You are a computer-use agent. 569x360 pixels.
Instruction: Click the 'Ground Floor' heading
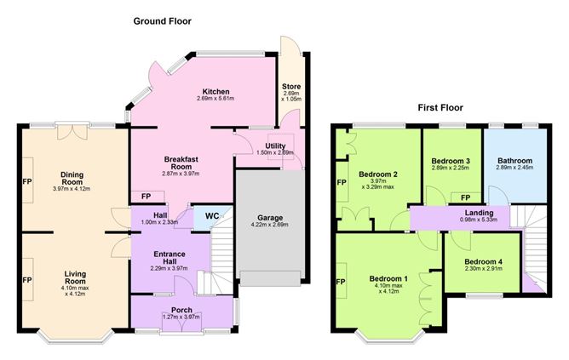coord(161,20)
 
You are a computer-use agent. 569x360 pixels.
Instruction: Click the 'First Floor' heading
coord(440,108)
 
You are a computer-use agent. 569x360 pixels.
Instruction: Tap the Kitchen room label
coord(216,91)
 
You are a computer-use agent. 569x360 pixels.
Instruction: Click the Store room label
coord(292,85)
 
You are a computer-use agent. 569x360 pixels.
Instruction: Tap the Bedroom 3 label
coord(451,160)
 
